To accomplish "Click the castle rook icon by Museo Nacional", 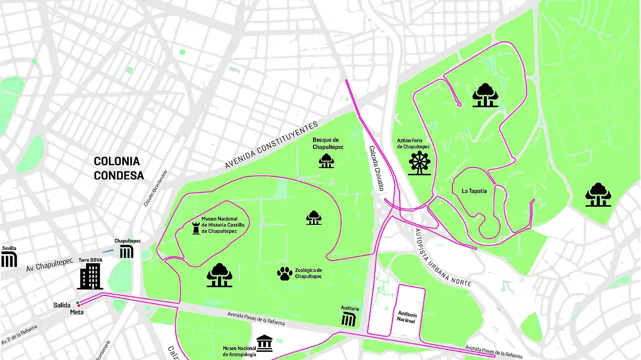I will point(196,228).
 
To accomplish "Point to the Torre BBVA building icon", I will point(89,277).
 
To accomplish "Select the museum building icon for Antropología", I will point(265,343).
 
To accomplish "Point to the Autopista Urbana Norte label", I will point(444,257).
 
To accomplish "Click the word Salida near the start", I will point(62,304).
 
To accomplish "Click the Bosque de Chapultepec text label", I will point(326,143).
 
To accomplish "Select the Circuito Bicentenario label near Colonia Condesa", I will point(155,188).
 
